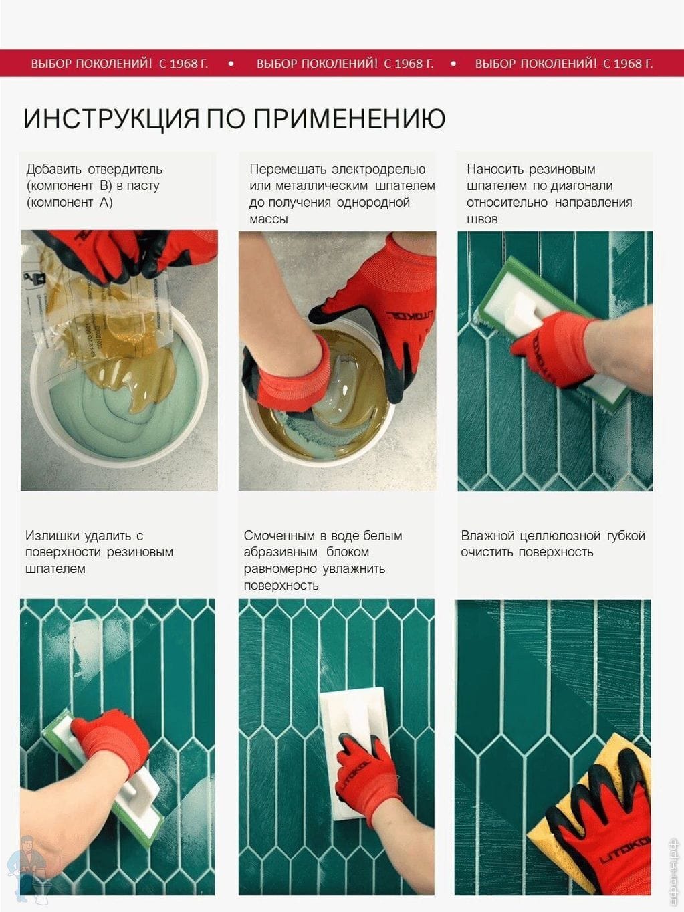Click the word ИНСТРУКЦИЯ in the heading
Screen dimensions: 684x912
click(111, 119)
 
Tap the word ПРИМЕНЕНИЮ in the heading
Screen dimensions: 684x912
click(350, 119)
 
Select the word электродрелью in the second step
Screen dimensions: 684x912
click(378, 170)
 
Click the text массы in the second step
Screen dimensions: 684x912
click(269, 219)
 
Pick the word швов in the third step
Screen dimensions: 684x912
click(482, 219)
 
